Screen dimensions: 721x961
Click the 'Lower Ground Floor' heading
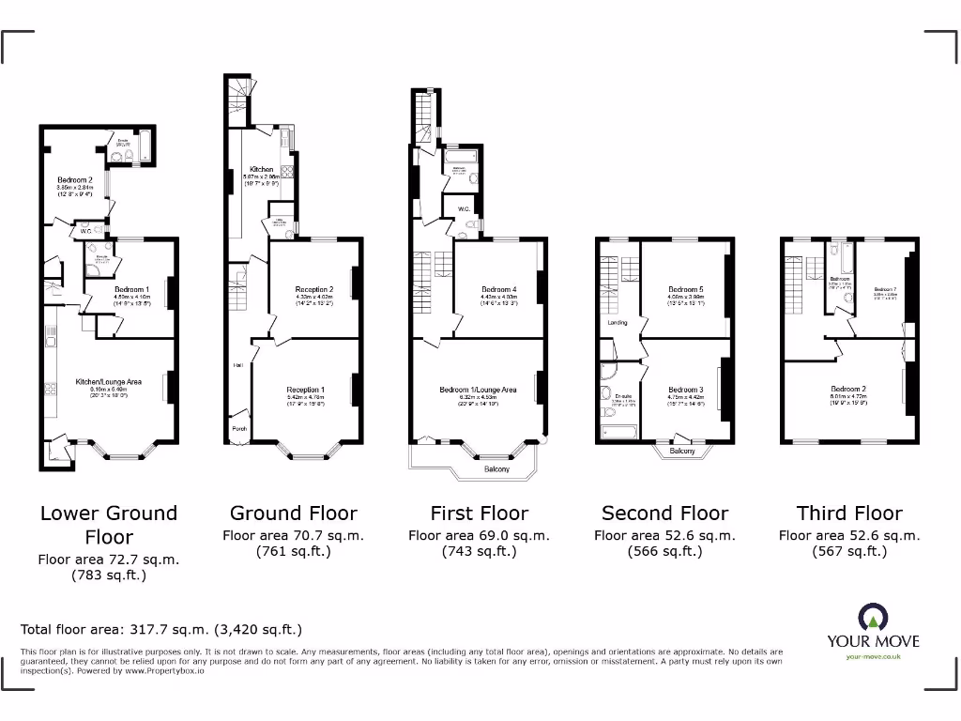pyautogui.click(x=108, y=525)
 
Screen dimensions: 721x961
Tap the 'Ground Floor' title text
pyautogui.click(x=293, y=513)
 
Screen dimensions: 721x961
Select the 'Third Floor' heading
pyautogui.click(x=849, y=513)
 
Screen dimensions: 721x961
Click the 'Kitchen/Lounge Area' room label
pyautogui.click(x=109, y=382)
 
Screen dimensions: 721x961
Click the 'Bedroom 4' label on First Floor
pyautogui.click(x=499, y=289)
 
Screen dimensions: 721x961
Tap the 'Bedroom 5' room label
pyautogui.click(x=685, y=289)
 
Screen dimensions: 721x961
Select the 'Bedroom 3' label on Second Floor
pyautogui.click(x=685, y=390)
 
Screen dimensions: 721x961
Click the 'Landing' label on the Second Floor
pyautogui.click(x=618, y=322)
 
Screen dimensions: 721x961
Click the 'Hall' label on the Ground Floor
pyautogui.click(x=238, y=365)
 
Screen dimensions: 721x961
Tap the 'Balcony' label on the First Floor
pyautogui.click(x=497, y=468)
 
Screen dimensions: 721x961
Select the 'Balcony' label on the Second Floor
pyautogui.click(x=682, y=452)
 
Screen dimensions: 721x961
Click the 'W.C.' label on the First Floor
pyautogui.click(x=464, y=208)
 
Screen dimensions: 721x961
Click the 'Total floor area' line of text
pyautogui.click(x=161, y=630)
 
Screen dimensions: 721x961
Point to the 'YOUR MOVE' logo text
pyautogui.click(x=873, y=641)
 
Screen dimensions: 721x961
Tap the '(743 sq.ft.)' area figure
pyautogui.click(x=479, y=552)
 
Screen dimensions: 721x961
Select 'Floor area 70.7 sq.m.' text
pyautogui.click(x=293, y=535)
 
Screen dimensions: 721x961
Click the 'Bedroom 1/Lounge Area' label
pyautogui.click(x=478, y=390)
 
